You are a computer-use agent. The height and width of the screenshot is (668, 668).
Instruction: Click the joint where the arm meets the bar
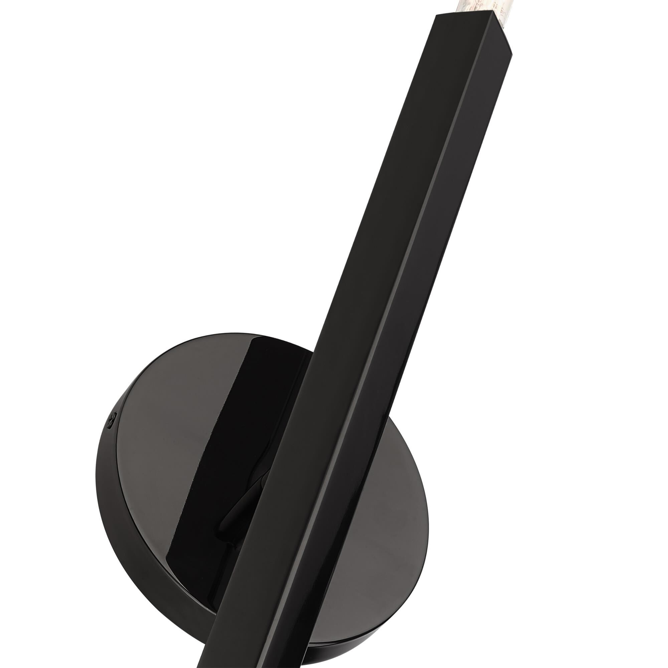pos(259,484)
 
